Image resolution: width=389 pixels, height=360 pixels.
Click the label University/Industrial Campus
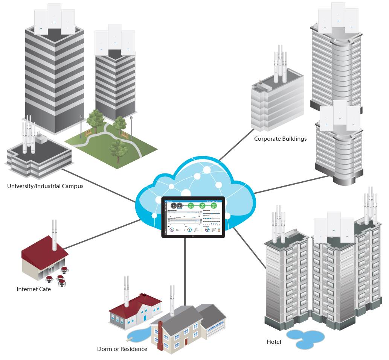click(45, 186)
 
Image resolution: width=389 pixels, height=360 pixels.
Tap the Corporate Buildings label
click(280, 139)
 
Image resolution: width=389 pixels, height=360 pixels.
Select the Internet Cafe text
click(34, 289)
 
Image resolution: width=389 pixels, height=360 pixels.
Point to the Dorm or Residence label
click(122, 349)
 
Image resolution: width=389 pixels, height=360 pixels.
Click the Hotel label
click(274, 342)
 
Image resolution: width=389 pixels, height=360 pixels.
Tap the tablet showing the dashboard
click(193, 217)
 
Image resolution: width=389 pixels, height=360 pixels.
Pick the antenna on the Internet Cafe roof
click(55, 235)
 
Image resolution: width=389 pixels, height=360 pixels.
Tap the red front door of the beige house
click(186, 342)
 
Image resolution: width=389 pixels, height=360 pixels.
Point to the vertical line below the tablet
click(185, 271)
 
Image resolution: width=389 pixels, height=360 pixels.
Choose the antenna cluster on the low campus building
click(29, 137)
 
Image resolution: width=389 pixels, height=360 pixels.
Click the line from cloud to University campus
click(98, 186)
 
